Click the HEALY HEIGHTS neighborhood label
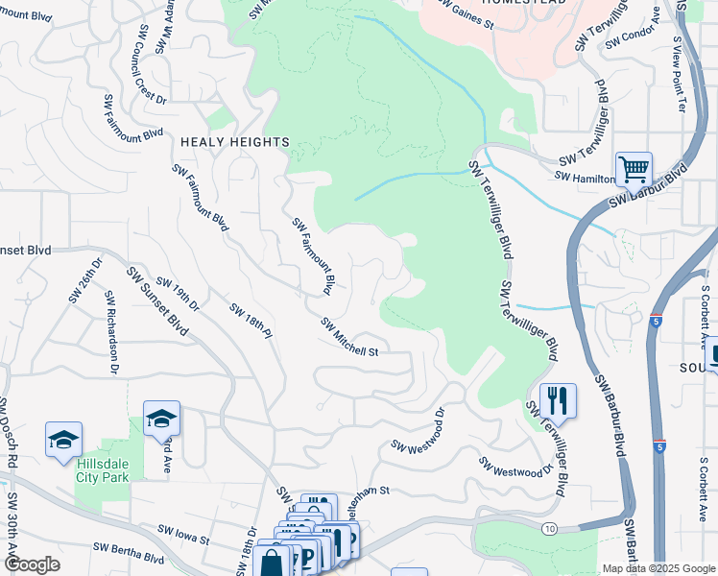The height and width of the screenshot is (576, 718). (x=235, y=142)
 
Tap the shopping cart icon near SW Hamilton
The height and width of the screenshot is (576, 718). (x=634, y=171)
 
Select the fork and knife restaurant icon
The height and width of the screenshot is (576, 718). (x=558, y=400)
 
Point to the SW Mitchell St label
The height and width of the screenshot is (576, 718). (x=350, y=337)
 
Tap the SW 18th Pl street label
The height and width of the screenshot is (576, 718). (x=251, y=322)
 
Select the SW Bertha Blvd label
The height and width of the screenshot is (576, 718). (x=129, y=552)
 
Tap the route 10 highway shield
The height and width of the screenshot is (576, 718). (x=549, y=529)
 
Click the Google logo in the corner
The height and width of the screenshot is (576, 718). (x=33, y=564)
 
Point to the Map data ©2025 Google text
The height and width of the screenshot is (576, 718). (x=658, y=568)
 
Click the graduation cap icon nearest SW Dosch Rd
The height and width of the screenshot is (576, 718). (x=63, y=441)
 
